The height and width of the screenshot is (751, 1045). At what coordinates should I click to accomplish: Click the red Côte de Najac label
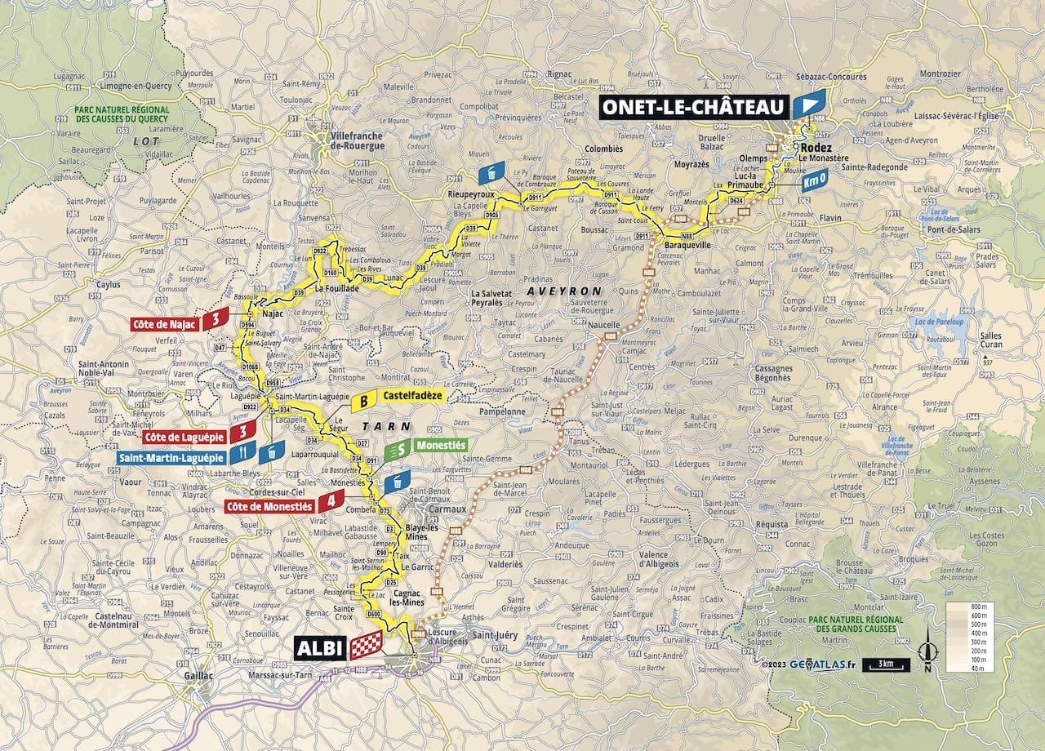click(163, 324)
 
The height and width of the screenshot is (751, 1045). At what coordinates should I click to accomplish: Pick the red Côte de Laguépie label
click(185, 436)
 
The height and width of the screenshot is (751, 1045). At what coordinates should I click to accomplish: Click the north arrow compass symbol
click(926, 654)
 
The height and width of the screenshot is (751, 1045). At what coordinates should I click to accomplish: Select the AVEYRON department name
click(563, 291)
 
